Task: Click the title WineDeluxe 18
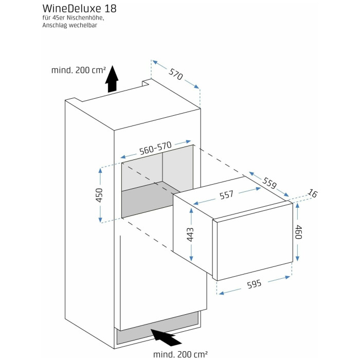[x=79, y=9]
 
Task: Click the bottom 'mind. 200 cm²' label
[x=181, y=354]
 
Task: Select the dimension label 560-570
[x=155, y=148]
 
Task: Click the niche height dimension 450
[x=100, y=195]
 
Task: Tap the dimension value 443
[x=190, y=234]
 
